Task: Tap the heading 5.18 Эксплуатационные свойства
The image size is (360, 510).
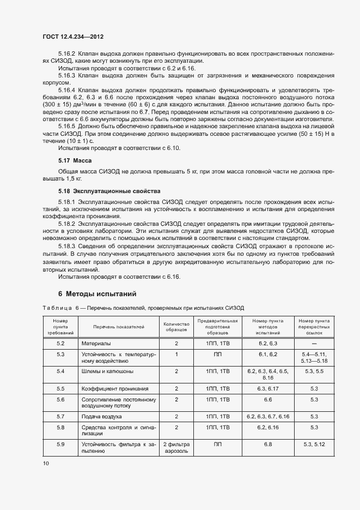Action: (109, 191)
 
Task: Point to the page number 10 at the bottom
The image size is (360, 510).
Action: (45, 464)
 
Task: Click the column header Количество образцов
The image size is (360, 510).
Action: (176, 326)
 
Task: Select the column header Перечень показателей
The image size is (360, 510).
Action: (111, 327)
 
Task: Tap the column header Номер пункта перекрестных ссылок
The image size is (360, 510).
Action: (314, 326)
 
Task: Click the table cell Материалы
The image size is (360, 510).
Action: (96, 344)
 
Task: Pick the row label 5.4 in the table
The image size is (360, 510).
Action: (60, 371)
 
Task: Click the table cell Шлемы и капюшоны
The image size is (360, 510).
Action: (107, 371)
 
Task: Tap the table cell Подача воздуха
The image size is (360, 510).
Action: (101, 416)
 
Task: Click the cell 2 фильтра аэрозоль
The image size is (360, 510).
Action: (176, 448)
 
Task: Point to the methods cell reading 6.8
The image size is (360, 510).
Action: (267, 445)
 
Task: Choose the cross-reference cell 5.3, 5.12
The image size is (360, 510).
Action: (314, 445)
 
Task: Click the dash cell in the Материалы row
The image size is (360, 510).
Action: (314, 344)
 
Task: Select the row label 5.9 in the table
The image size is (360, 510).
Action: (60, 445)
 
